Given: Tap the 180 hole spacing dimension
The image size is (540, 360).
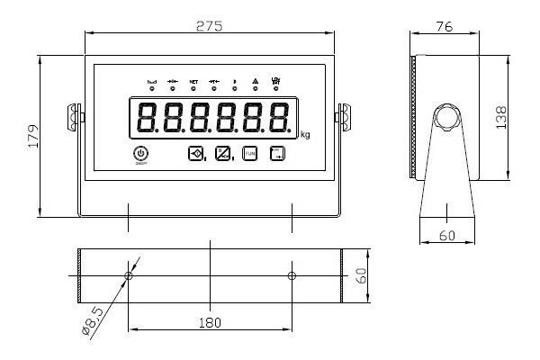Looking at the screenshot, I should (x=210, y=319).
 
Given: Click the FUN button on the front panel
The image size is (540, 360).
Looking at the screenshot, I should (x=249, y=154).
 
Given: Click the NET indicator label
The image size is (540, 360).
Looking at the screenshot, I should (x=193, y=82).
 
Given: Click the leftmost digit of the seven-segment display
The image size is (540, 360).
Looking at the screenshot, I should (x=144, y=119).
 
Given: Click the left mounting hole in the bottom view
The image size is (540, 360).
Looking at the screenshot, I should (x=128, y=274).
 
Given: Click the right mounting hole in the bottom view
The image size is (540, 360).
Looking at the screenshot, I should (x=291, y=274).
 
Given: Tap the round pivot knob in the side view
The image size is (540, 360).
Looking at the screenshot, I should (x=445, y=118).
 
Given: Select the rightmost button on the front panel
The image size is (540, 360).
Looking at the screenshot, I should (x=278, y=154).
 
